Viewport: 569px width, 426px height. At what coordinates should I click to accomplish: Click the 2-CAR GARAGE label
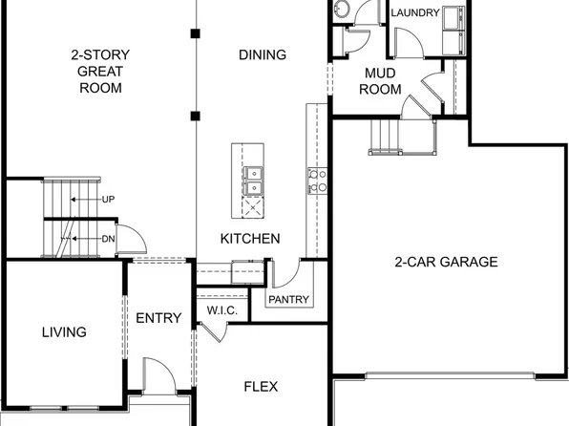click(447, 262)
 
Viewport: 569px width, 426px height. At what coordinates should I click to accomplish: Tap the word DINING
click(262, 55)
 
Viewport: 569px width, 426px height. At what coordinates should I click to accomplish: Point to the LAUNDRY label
click(414, 13)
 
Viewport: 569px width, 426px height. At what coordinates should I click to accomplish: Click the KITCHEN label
click(250, 239)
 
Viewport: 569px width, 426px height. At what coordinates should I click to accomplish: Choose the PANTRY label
click(289, 300)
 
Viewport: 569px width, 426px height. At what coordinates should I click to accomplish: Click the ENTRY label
click(158, 318)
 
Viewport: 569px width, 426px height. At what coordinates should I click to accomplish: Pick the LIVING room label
click(64, 332)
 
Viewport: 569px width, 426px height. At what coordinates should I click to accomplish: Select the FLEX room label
click(261, 387)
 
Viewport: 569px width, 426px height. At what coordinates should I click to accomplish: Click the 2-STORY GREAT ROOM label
click(101, 72)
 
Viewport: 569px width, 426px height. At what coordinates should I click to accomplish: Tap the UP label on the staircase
click(108, 199)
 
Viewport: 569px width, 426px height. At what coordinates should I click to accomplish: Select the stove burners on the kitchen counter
click(317, 181)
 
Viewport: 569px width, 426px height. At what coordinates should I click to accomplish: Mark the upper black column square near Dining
click(195, 34)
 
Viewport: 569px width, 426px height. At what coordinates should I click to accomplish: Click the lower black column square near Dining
click(195, 117)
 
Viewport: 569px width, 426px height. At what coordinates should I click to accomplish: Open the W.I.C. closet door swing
click(215, 330)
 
